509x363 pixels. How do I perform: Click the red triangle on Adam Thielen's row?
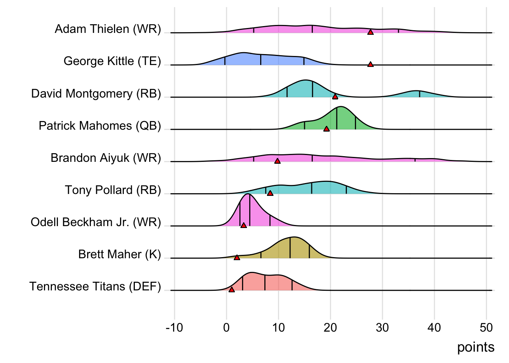tap(370, 32)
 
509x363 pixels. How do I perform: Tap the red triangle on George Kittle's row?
tap(370, 64)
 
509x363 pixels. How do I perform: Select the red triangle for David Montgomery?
tap(335, 97)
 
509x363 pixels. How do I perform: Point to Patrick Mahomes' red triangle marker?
tap(326, 129)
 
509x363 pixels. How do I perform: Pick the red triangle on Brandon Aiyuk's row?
tap(277, 161)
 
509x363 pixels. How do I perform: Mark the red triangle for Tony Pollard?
tap(270, 193)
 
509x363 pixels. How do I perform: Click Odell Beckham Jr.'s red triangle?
tap(244, 225)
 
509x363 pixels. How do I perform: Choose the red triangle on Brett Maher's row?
tap(237, 258)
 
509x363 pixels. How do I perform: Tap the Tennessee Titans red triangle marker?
tap(231, 290)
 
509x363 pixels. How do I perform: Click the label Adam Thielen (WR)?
tap(108, 29)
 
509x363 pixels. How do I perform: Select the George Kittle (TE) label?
tap(112, 61)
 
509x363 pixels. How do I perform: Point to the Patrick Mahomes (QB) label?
tap(100, 126)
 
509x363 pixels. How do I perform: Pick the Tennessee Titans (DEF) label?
tap(95, 287)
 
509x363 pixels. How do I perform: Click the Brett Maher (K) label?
tap(120, 254)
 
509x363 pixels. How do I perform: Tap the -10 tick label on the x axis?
tap(174, 327)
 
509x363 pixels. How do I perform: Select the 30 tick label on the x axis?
tap(382, 327)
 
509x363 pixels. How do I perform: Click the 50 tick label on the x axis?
tap(486, 327)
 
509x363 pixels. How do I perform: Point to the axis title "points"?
tap(476, 347)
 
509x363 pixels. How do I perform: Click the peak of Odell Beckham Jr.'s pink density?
tap(248, 195)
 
